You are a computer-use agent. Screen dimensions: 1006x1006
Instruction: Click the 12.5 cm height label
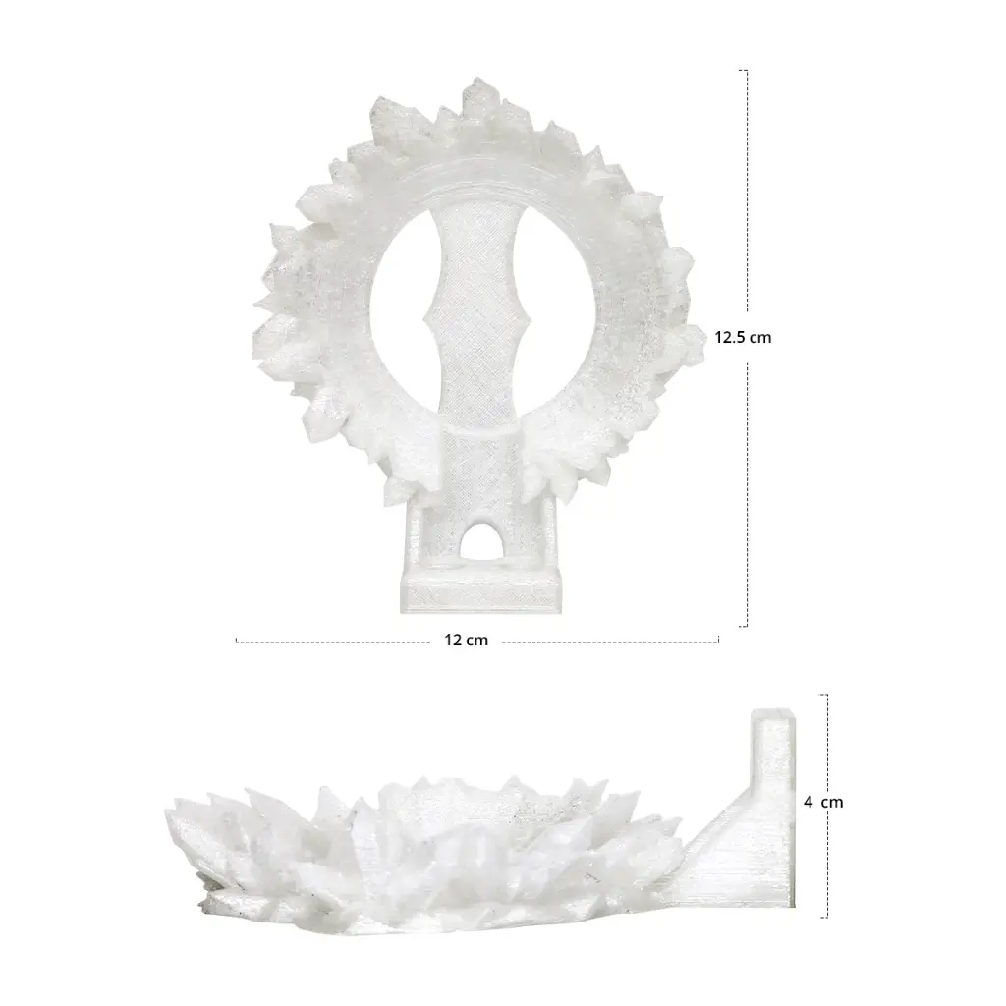(x=743, y=338)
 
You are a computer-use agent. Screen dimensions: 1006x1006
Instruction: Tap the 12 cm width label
(x=467, y=641)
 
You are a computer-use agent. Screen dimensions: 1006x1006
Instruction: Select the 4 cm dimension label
(x=823, y=802)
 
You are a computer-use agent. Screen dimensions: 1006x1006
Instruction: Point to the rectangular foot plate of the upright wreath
(x=480, y=590)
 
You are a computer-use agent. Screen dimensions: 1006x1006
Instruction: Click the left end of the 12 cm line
(x=237, y=641)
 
